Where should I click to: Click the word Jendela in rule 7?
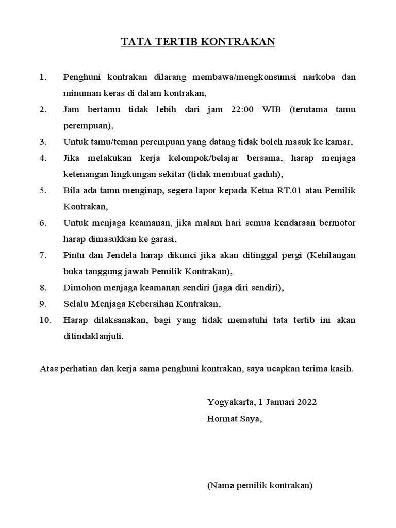tap(119, 255)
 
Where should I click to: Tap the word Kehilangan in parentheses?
tap(333, 255)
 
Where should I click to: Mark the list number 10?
tap(45, 320)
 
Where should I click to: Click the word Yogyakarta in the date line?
tap(230, 402)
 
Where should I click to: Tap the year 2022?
tap(306, 402)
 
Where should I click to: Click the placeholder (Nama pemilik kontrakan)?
tap(260, 485)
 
